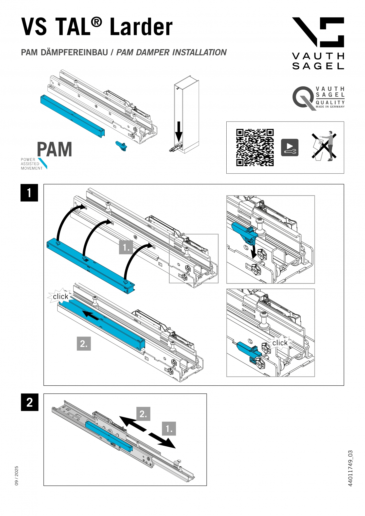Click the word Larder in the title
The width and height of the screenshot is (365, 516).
pos(141,27)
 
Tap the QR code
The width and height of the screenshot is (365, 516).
pos(255,147)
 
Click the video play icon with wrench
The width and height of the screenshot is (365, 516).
pos(289,147)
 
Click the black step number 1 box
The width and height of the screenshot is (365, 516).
pos(29,193)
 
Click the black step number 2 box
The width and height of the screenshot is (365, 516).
pos(29,402)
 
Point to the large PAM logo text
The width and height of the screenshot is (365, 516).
pos(54,149)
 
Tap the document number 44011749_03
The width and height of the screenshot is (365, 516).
pos(350,468)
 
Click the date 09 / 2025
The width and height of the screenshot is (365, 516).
pos(17,475)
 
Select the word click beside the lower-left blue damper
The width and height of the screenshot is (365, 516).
pos(61,296)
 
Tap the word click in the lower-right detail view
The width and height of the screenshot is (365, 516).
pos(280,343)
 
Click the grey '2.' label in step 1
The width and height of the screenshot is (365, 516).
pos(84,344)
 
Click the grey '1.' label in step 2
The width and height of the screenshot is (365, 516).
pos(169,429)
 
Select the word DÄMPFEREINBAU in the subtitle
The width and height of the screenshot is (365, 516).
pos(74,52)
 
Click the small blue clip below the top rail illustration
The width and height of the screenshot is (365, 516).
pos(121,146)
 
